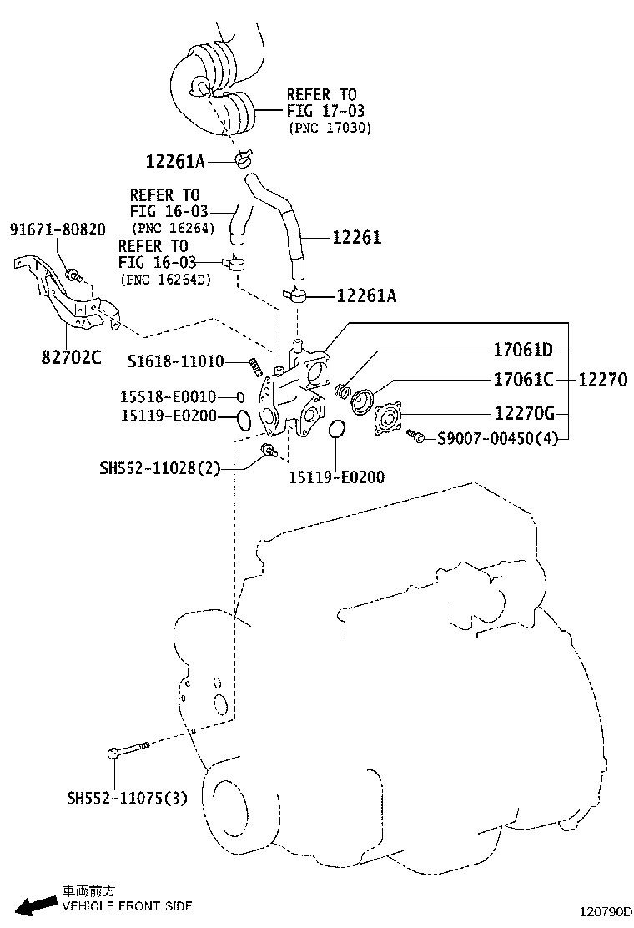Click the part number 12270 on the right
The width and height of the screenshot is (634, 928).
click(602, 381)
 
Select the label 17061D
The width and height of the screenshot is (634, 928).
click(523, 350)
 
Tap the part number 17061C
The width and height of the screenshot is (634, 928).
click(523, 381)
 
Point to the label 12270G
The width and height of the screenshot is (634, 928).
click(523, 412)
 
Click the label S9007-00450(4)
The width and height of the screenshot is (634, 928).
click(497, 437)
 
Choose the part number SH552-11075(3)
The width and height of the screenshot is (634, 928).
click(127, 799)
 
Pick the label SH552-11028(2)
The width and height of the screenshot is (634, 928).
click(159, 469)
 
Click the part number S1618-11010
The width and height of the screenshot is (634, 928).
click(175, 361)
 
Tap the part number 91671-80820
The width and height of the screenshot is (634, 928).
click(58, 229)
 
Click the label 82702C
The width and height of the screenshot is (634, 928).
click(71, 358)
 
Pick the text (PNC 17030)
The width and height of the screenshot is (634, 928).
click(330, 128)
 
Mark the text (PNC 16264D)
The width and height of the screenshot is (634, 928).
click(165, 279)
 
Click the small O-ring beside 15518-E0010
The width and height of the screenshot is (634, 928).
click(239, 397)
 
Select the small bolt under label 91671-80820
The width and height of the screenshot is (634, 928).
click(73, 274)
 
